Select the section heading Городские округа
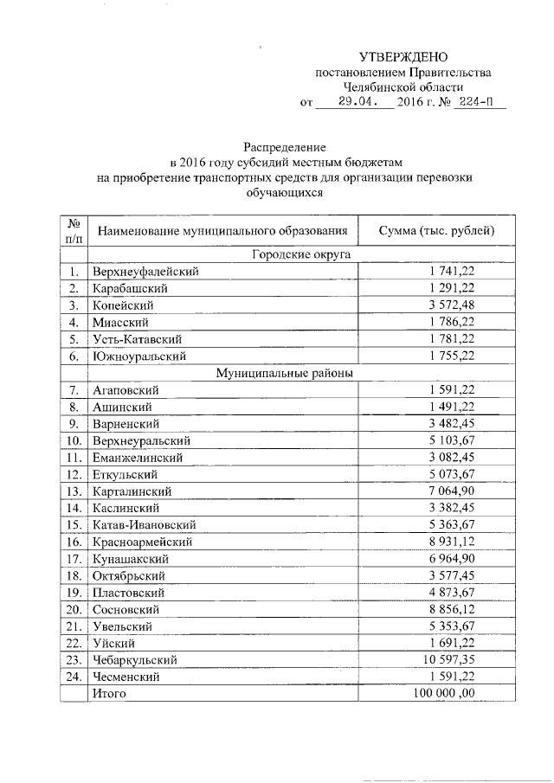click(x=288, y=254)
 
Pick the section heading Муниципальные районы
click(x=288, y=373)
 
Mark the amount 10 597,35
click(x=448, y=660)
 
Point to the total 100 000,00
click(x=444, y=694)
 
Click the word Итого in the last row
click(x=109, y=694)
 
